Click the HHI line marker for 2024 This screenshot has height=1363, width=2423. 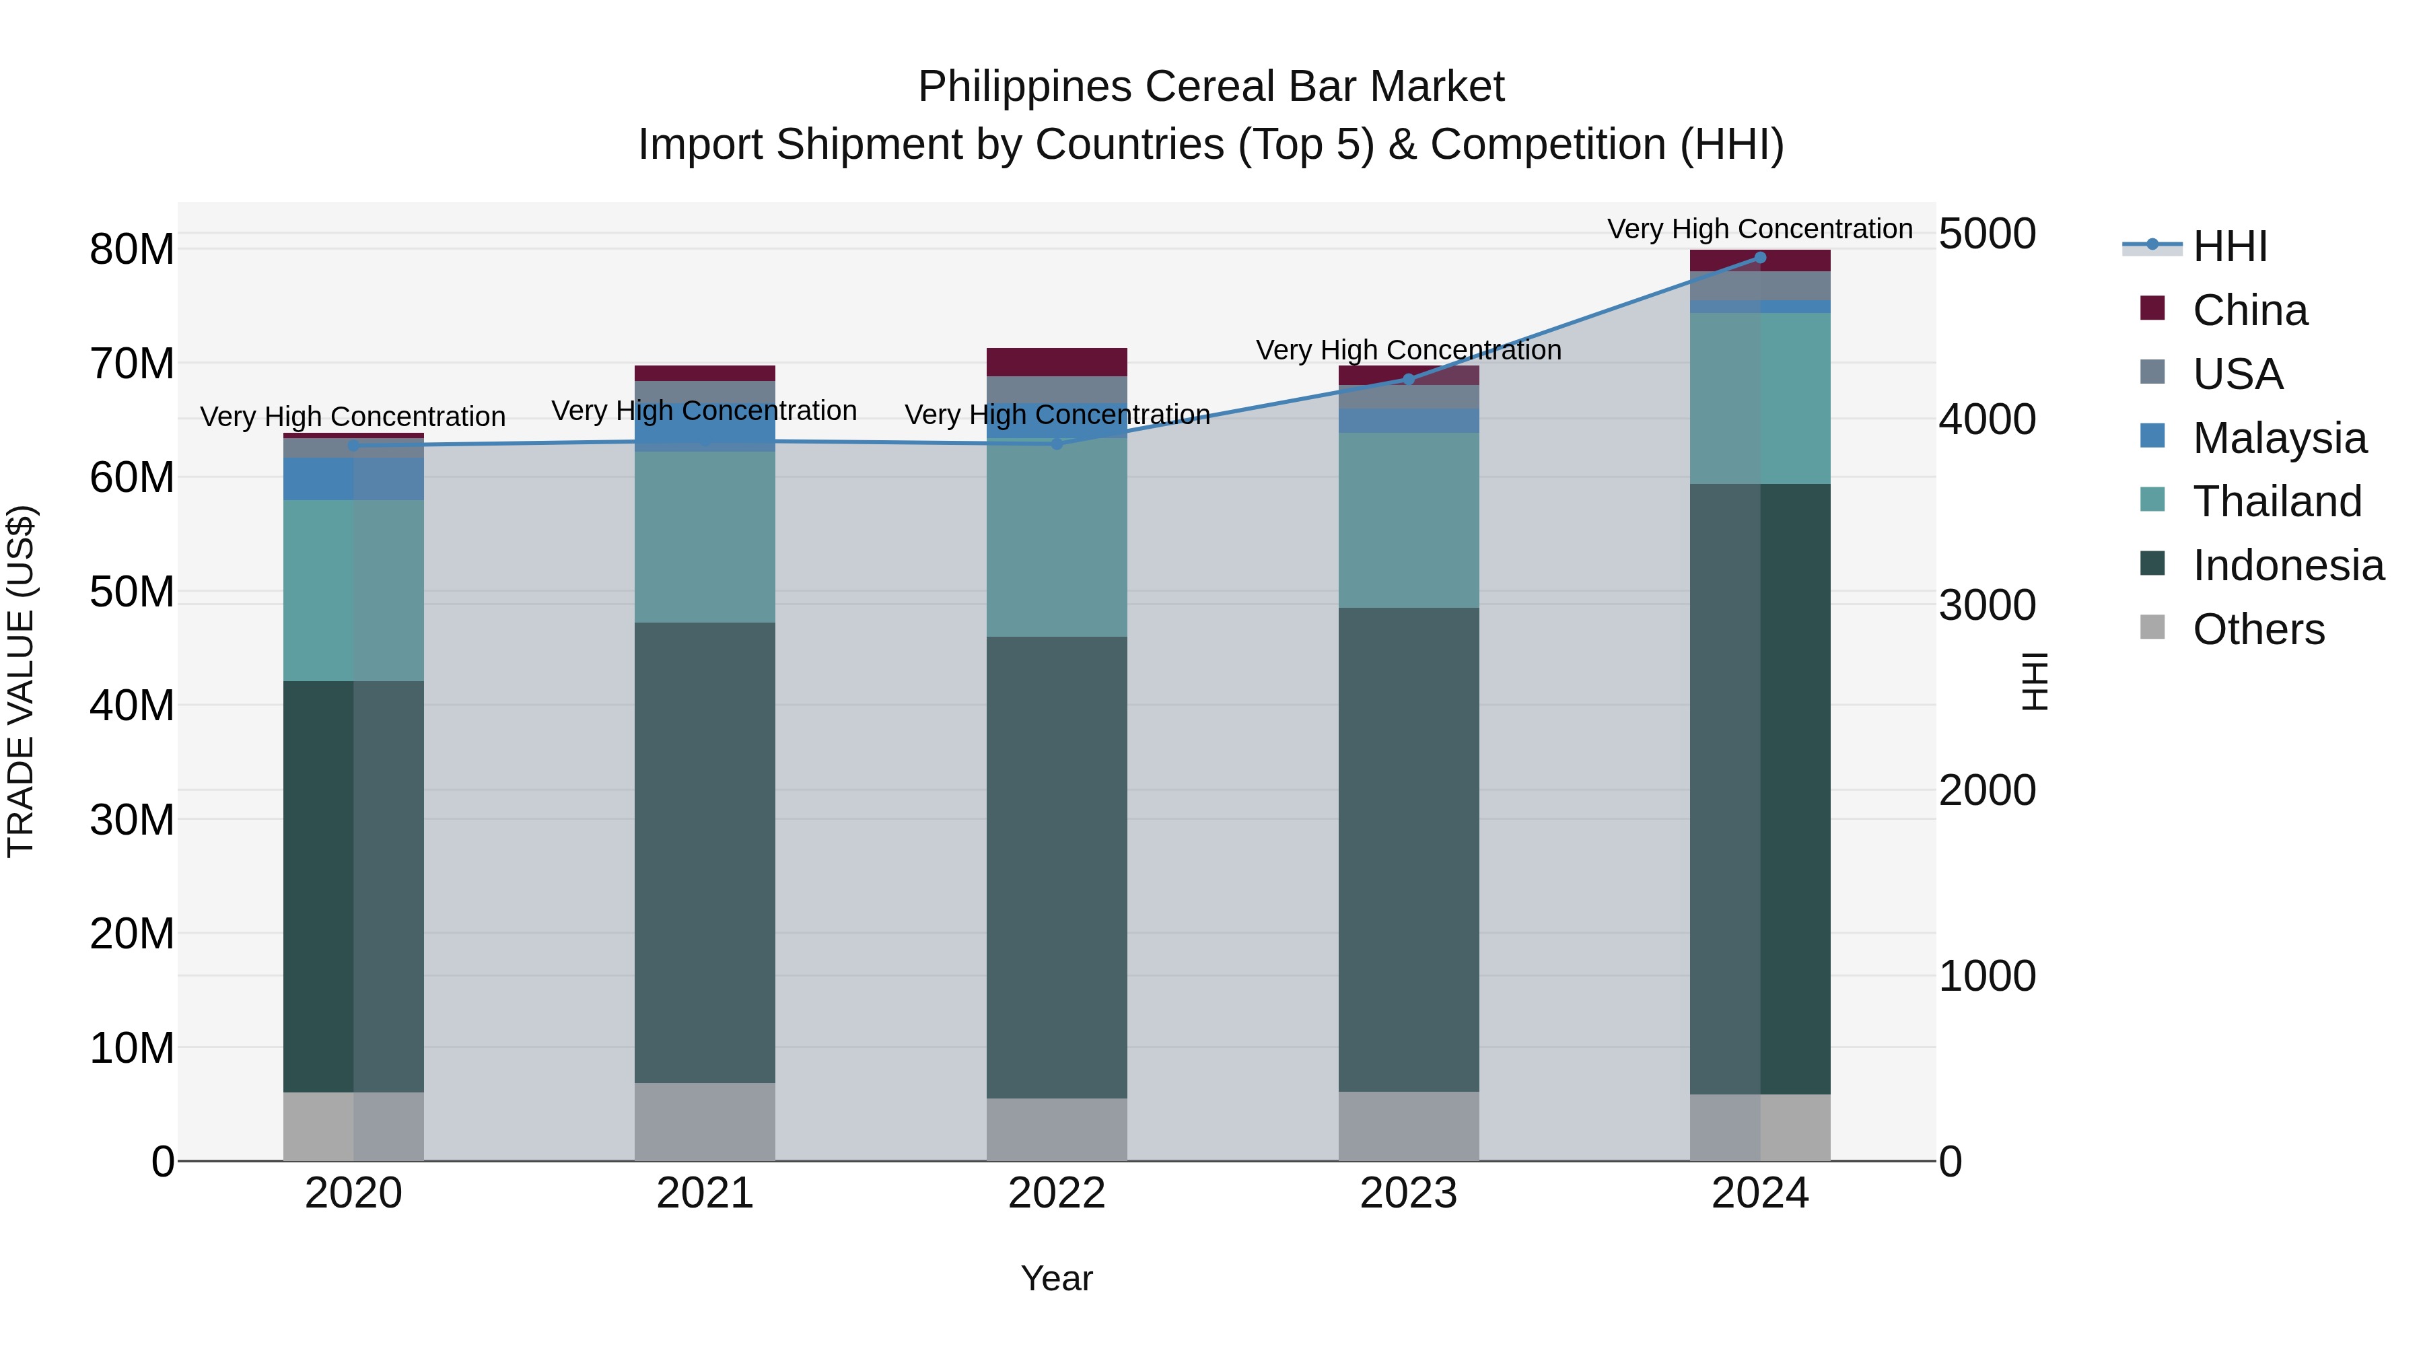[x=1760, y=258]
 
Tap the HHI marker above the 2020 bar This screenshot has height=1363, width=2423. [x=353, y=446]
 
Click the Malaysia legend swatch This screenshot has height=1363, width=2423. [x=2152, y=436]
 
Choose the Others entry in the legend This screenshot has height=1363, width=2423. [x=2257, y=629]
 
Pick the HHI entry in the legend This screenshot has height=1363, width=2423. [x=2229, y=246]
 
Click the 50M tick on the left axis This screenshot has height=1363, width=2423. [x=132, y=592]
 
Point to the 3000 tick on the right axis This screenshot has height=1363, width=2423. [x=1987, y=605]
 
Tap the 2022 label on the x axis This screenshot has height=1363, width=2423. [x=1056, y=1193]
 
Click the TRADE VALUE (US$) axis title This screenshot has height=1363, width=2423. [x=21, y=681]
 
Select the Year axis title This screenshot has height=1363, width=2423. [x=1056, y=1278]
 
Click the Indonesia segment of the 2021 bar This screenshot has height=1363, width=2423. [x=705, y=851]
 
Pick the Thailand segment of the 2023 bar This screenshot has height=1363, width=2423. [x=1408, y=520]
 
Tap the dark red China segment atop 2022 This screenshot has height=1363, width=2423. [x=1056, y=362]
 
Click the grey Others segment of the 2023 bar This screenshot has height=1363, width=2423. [x=1408, y=1126]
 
